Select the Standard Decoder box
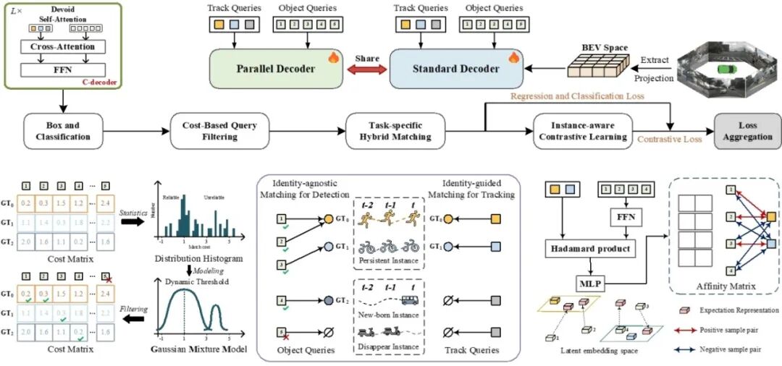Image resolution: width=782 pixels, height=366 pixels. click(456, 69)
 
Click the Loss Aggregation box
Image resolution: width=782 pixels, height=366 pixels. click(746, 131)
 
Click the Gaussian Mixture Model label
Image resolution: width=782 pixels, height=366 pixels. click(195, 350)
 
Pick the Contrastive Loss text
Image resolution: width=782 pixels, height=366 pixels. click(670, 139)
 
